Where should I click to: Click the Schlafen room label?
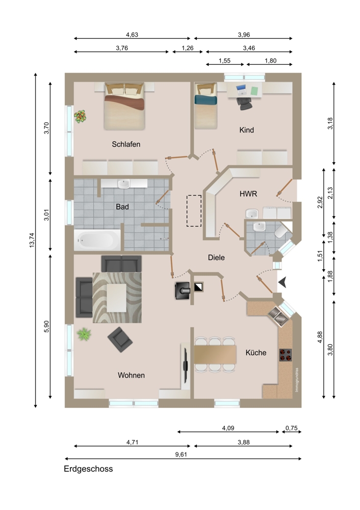(126, 144)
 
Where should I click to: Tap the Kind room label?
(246, 130)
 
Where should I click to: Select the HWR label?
(248, 194)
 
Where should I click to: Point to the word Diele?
(216, 258)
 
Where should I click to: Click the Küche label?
(256, 352)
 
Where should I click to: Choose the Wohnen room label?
(131, 375)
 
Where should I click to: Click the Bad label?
(122, 207)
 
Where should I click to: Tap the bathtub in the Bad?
(97, 240)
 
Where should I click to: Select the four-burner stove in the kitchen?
(286, 355)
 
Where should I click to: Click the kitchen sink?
(279, 316)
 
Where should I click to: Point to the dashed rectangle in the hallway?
(194, 211)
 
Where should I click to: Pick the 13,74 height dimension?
(32, 240)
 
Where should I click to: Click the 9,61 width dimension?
(181, 454)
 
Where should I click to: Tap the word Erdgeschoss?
(88, 469)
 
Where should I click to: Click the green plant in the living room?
(84, 334)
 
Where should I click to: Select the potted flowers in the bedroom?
(81, 116)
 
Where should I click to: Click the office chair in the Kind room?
(244, 103)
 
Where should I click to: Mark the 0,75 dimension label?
(292, 428)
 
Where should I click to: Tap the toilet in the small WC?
(280, 231)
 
